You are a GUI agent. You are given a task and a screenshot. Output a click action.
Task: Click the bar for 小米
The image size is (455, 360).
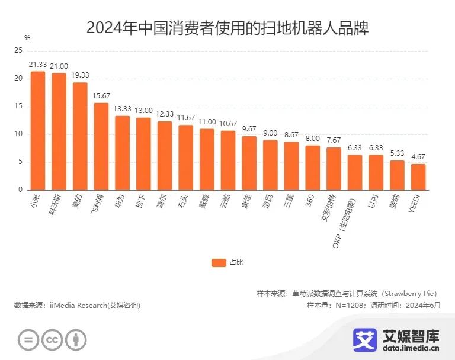click(38, 131)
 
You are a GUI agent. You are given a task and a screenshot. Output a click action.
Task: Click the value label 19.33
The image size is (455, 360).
click(80, 75)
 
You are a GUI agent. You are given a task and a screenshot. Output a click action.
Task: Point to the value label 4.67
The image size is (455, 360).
click(418, 157)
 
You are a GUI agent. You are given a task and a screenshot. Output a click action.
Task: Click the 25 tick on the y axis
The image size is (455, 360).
click(18, 51)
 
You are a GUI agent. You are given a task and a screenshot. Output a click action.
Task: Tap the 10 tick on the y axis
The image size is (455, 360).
click(18, 134)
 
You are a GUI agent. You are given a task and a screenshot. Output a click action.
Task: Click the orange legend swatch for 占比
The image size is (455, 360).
click(219, 262)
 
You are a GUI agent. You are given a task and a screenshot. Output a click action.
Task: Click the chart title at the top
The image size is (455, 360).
click(227, 28)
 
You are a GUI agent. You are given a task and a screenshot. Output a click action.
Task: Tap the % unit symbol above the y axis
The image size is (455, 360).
click(27, 37)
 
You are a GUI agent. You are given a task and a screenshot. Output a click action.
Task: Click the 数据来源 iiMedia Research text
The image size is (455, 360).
click(77, 305)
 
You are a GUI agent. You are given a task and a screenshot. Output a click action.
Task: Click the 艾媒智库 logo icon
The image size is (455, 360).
click(365, 339)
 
